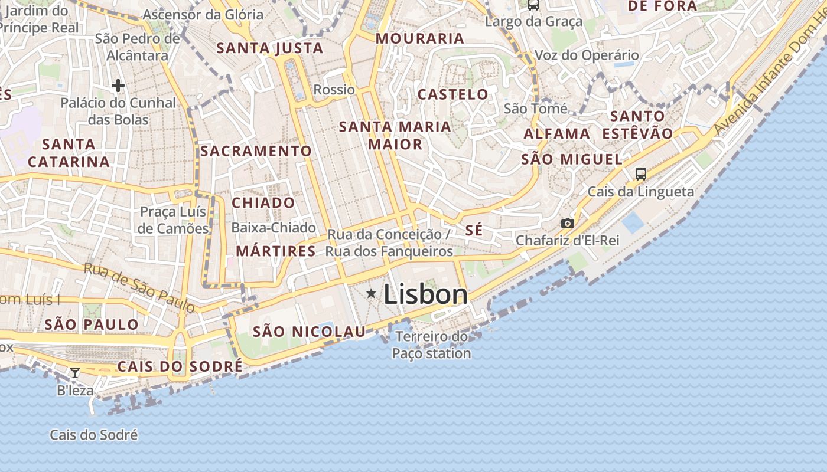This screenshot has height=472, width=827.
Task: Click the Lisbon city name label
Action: (x=425, y=294)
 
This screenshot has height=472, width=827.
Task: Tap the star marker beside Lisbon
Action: (x=371, y=293)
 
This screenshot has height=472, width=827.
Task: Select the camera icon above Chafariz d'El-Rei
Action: (x=567, y=223)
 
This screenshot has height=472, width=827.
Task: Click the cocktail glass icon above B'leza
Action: (x=75, y=372)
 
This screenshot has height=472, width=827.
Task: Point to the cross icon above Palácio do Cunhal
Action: (x=118, y=86)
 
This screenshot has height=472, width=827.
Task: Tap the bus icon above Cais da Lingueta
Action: (x=641, y=173)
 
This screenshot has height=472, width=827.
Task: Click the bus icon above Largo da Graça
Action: (x=533, y=5)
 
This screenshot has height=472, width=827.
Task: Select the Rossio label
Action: (x=334, y=90)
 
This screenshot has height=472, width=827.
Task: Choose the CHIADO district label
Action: (x=263, y=203)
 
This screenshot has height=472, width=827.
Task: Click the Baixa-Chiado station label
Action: (x=274, y=227)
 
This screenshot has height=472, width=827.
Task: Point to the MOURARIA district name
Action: (x=420, y=38)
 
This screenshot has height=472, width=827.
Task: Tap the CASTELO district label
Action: (x=453, y=94)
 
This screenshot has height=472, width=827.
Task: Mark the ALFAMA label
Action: (x=557, y=134)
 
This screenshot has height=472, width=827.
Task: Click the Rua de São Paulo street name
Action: (x=139, y=287)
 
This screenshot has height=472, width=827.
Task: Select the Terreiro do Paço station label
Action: (x=432, y=345)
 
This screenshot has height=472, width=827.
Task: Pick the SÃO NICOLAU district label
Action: (x=310, y=332)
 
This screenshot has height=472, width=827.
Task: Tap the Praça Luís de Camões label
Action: (x=174, y=220)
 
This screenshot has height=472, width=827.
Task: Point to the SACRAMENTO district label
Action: (x=256, y=151)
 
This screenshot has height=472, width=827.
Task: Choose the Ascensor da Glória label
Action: (x=203, y=15)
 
